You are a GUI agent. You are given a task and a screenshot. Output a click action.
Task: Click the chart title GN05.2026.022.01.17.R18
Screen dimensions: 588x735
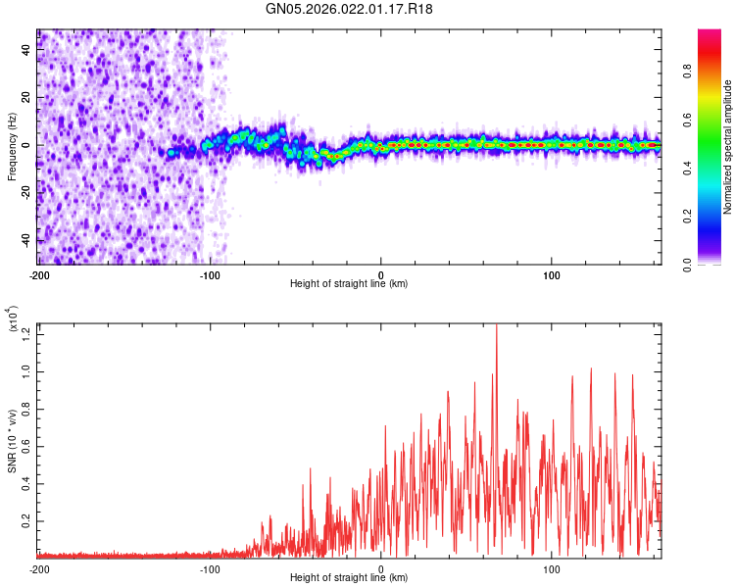pyautogui.click(x=349, y=9)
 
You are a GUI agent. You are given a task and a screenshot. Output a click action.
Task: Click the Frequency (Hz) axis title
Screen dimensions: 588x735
pyautogui.click(x=12, y=147)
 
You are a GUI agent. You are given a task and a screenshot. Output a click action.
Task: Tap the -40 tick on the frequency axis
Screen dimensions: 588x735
pyautogui.click(x=25, y=240)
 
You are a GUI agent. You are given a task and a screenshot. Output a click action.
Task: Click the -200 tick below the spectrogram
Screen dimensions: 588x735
pyautogui.click(x=39, y=274)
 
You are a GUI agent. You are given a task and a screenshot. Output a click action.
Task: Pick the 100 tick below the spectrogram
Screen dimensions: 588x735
pyautogui.click(x=552, y=274)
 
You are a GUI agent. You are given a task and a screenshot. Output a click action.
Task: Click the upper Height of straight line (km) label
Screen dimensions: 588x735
pyautogui.click(x=349, y=284)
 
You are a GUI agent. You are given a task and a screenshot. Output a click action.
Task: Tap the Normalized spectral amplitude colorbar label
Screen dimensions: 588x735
pyautogui.click(x=728, y=147)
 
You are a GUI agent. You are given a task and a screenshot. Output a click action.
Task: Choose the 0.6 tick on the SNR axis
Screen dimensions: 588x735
pyautogui.click(x=25, y=446)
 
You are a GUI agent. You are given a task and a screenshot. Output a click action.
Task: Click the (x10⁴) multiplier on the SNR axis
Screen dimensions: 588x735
pyautogui.click(x=12, y=319)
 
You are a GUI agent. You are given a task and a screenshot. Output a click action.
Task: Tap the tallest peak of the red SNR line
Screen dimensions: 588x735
pyautogui.click(x=496, y=324)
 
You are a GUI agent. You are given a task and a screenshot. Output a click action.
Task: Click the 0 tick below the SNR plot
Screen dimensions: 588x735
pyautogui.click(x=381, y=568)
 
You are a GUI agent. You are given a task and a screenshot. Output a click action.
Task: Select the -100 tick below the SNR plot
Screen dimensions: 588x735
pyautogui.click(x=210, y=568)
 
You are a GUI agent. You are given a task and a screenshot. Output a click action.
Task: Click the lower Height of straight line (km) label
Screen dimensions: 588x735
pyautogui.click(x=349, y=578)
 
